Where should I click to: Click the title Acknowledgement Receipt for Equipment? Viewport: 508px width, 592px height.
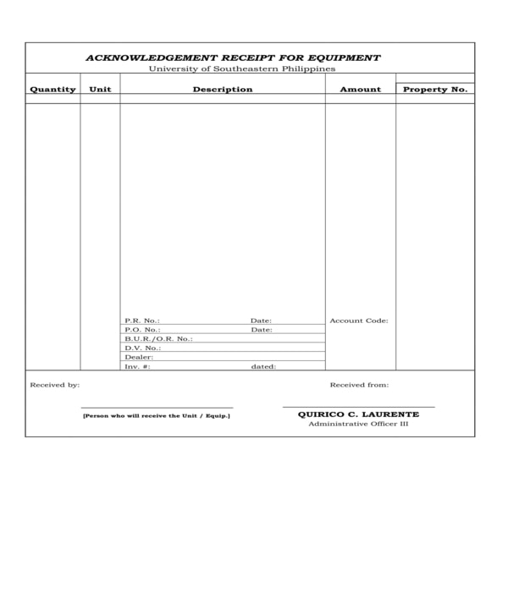click(x=233, y=58)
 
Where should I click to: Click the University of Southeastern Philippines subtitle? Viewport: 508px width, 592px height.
click(x=242, y=69)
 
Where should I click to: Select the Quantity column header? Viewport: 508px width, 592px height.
click(x=52, y=89)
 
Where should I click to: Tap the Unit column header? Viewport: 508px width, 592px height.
click(x=100, y=89)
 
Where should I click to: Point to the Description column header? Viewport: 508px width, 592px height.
click(x=222, y=89)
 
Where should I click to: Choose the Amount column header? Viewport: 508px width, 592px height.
click(x=360, y=89)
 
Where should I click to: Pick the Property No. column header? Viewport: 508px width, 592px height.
click(x=435, y=89)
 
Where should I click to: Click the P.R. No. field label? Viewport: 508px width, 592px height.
click(x=141, y=321)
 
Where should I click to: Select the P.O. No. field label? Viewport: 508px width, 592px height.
click(x=141, y=330)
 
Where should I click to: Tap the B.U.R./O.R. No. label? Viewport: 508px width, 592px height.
click(x=158, y=339)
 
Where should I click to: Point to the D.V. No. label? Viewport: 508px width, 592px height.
click(x=142, y=348)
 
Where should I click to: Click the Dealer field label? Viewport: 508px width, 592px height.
click(x=139, y=358)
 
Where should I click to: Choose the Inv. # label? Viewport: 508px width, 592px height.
click(x=137, y=367)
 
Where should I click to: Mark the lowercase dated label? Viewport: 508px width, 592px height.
click(x=263, y=367)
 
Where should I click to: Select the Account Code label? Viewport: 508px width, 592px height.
click(x=358, y=321)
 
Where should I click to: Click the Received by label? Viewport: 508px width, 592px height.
click(x=55, y=385)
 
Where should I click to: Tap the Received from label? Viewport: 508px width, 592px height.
click(x=359, y=385)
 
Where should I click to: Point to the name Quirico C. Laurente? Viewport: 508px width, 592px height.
click(x=358, y=414)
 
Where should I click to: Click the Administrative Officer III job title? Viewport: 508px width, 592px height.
click(x=358, y=424)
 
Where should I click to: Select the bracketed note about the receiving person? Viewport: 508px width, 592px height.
click(x=156, y=415)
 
